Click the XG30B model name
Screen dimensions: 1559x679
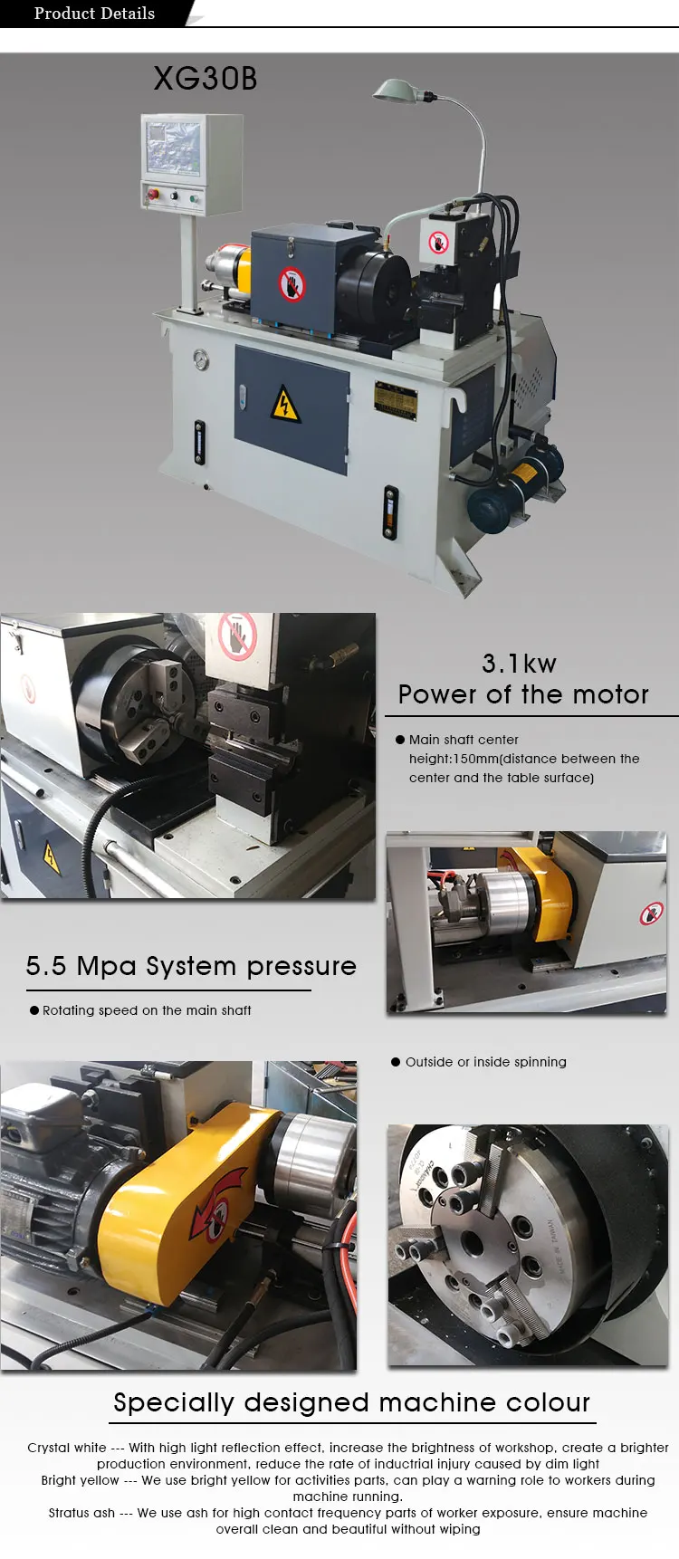tap(206, 79)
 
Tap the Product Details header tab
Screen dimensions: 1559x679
tap(94, 14)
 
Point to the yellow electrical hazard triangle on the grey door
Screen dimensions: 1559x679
tap(286, 405)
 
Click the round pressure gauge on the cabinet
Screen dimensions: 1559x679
tap(200, 360)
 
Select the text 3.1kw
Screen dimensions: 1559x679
tap(519, 664)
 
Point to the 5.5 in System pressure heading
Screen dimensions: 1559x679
tap(45, 966)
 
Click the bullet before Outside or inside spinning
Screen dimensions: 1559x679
tap(396, 1062)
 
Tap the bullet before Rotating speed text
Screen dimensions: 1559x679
tap(34, 1010)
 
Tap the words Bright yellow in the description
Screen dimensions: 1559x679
tap(80, 1480)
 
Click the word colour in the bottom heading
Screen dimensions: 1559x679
tap(548, 1402)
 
